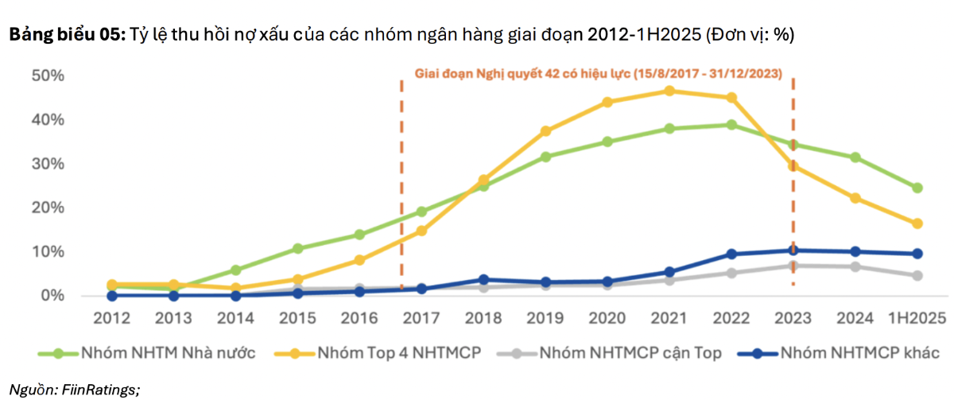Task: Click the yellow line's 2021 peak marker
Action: point(669,91)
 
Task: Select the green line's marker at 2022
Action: point(731,125)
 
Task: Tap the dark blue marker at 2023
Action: point(793,250)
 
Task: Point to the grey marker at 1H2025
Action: point(917,276)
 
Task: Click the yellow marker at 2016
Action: point(360,260)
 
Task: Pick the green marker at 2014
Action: point(236,270)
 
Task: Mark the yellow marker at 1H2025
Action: point(917,223)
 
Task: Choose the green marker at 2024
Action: point(855,157)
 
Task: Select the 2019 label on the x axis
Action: point(545,319)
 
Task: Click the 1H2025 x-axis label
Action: point(917,319)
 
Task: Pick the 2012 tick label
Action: point(112,319)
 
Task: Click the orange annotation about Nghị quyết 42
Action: point(599,73)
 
